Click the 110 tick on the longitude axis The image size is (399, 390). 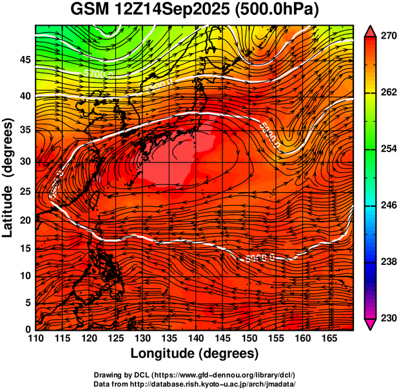[x=35, y=338]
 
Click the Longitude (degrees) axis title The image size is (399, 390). [x=195, y=353]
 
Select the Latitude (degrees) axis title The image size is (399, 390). [x=8, y=177]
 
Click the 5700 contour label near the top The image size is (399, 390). [x=99, y=75]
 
